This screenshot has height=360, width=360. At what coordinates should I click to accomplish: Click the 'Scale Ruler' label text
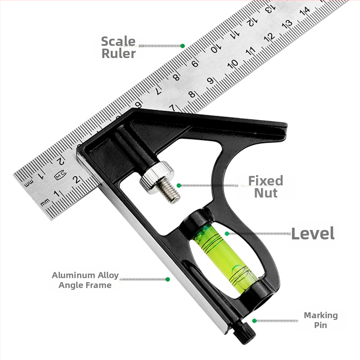(x=118, y=48)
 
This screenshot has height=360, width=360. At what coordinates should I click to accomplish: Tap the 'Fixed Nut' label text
(x=265, y=187)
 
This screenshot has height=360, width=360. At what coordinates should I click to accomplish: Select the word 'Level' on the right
(x=313, y=234)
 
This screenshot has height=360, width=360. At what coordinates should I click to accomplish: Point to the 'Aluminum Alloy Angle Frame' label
(x=85, y=280)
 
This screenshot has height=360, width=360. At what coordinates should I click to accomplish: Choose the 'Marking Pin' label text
(x=321, y=320)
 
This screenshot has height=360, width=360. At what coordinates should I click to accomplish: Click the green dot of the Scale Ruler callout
(x=183, y=46)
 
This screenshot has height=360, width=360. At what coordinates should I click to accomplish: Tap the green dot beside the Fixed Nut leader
(x=179, y=185)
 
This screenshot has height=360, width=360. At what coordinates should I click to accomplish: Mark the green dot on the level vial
(x=227, y=234)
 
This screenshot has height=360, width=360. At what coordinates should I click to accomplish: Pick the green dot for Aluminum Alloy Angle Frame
(x=167, y=279)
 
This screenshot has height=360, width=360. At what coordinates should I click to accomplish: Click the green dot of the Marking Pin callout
(x=254, y=320)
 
